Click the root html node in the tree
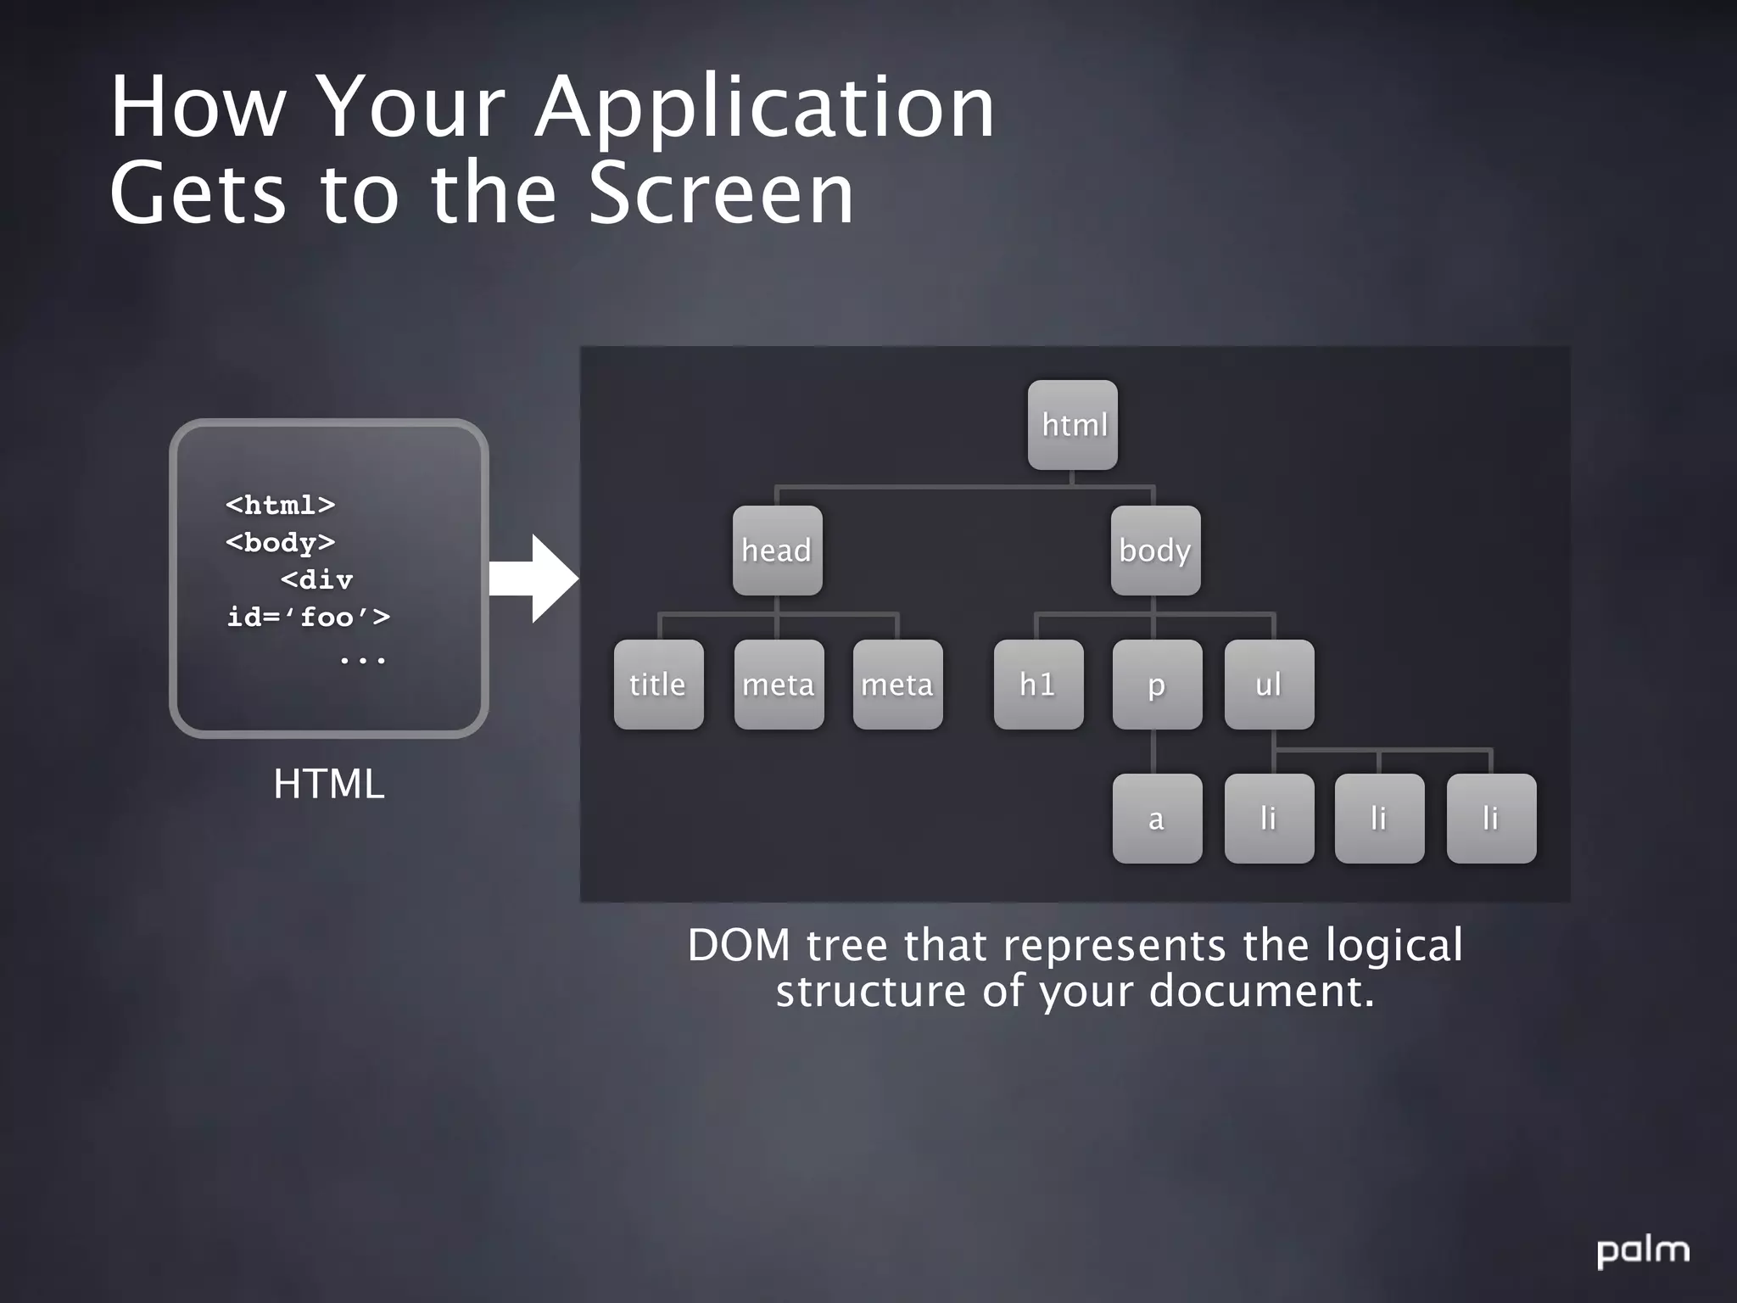point(1073,424)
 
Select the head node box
point(777,550)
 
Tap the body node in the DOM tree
point(1155,550)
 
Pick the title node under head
point(658,684)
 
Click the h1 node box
point(1038,684)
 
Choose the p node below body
point(1157,684)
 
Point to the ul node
point(1269,684)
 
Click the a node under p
point(1157,818)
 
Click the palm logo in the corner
point(1643,1250)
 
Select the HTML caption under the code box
point(329,784)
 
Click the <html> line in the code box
point(280,505)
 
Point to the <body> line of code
point(280,542)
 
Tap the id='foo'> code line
point(309,617)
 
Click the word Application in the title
point(765,109)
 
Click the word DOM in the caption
point(739,945)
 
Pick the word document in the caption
point(1260,991)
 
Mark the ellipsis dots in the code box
point(363,658)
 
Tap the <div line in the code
point(316,579)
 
